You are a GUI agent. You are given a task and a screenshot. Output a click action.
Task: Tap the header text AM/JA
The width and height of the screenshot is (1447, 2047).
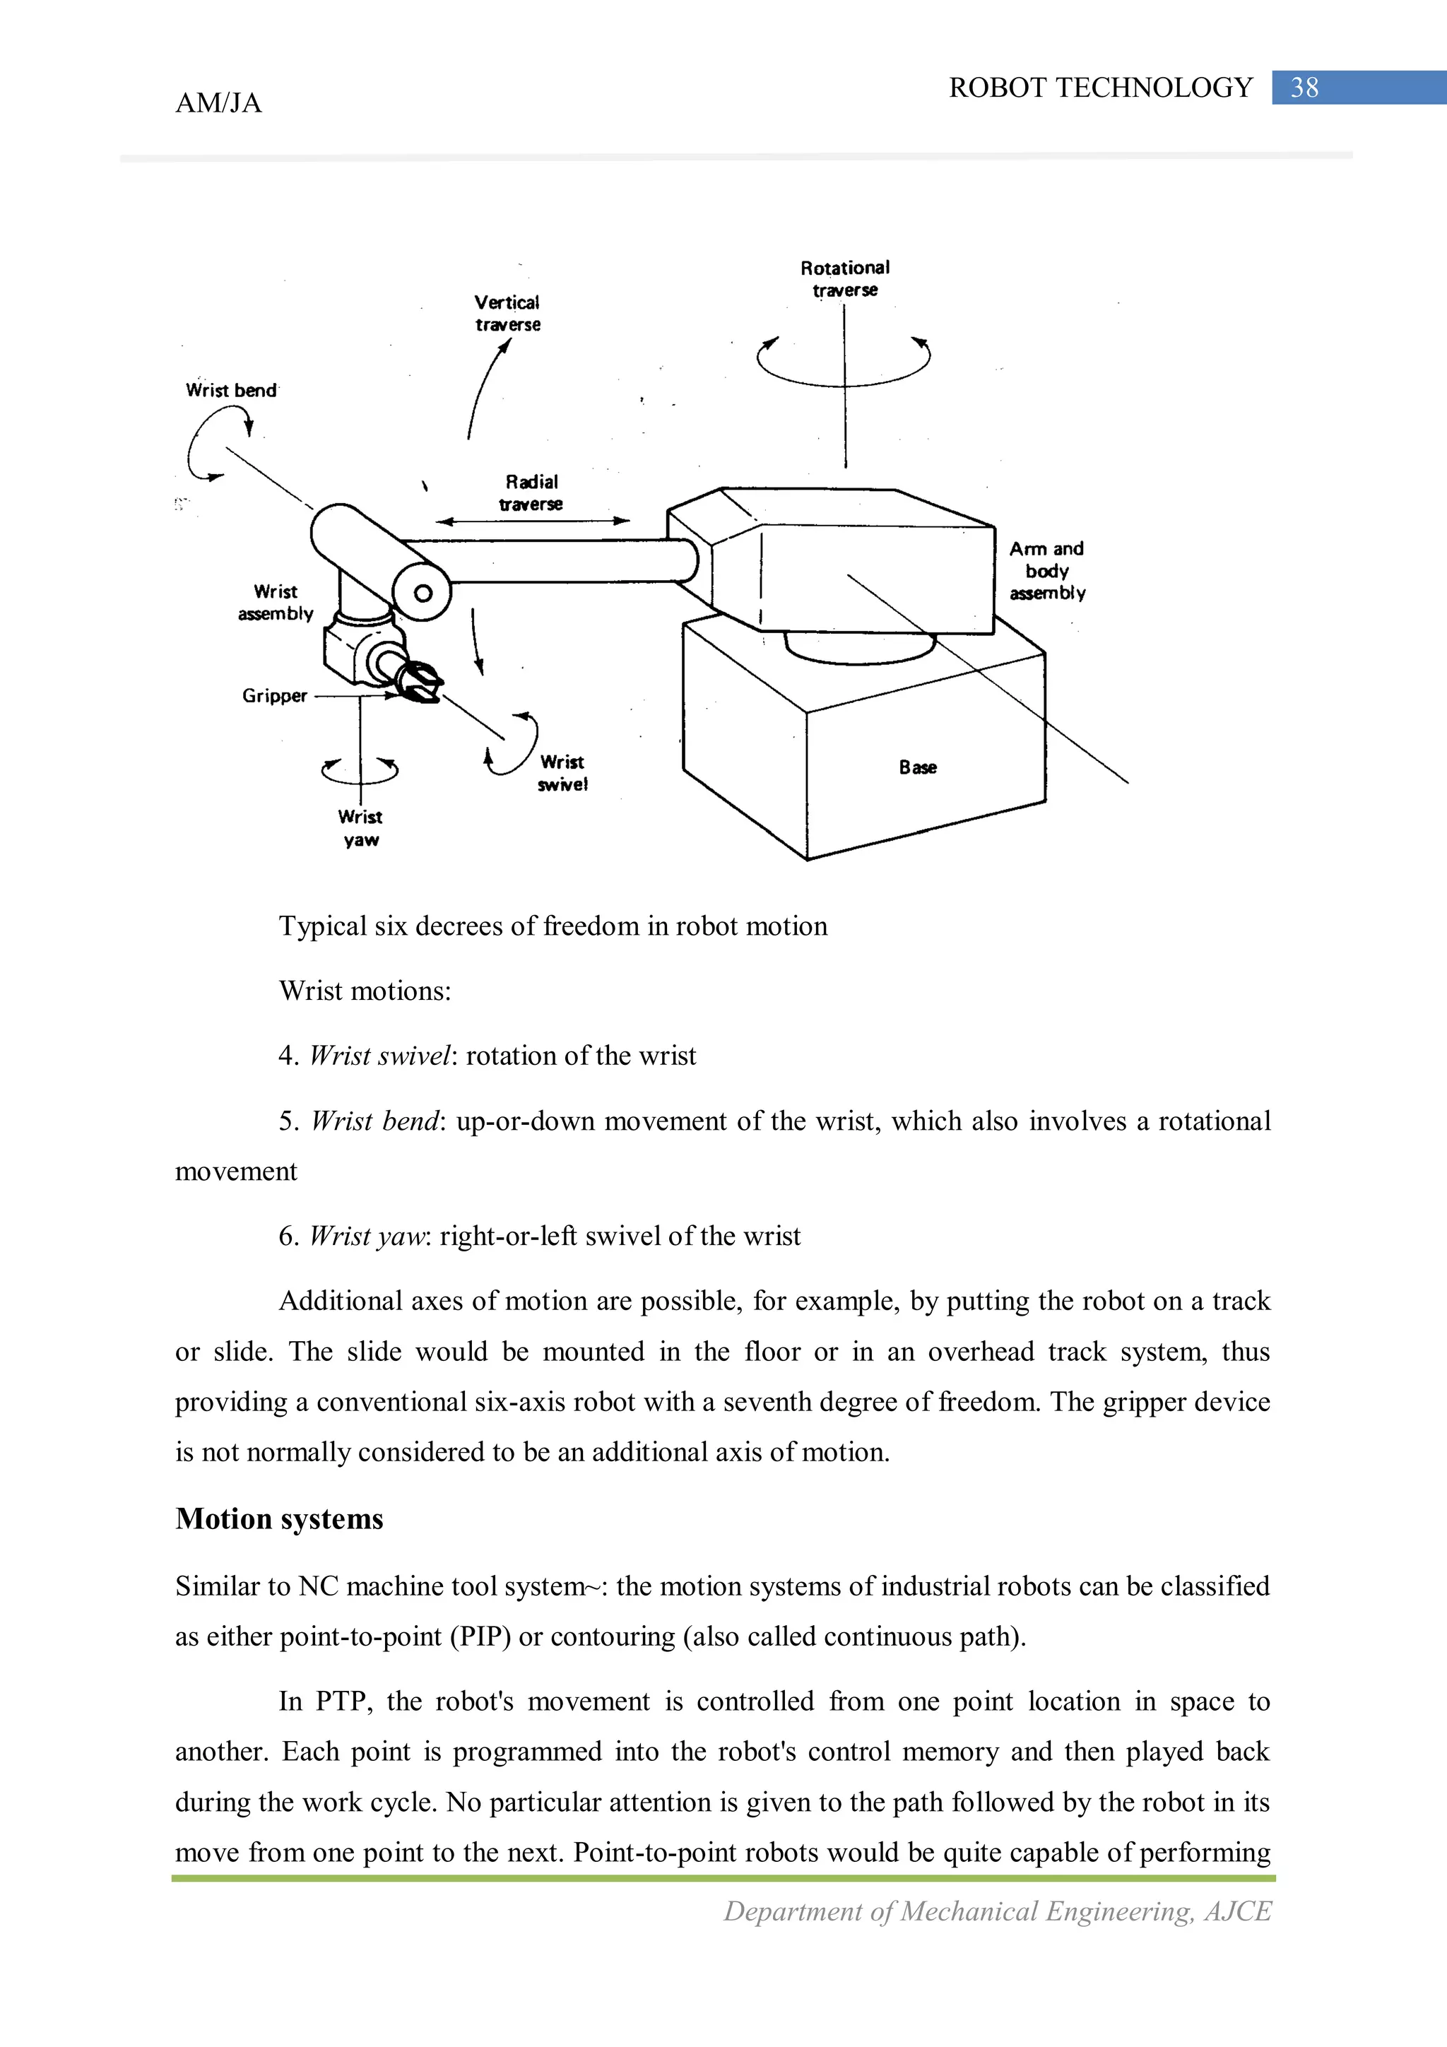[x=218, y=103]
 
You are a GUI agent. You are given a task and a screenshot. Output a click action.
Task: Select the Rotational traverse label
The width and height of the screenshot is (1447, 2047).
[x=844, y=279]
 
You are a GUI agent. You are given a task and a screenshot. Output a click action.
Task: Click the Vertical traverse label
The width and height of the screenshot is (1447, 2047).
[x=507, y=314]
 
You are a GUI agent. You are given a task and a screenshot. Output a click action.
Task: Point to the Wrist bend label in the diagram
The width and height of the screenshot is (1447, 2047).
[x=231, y=391]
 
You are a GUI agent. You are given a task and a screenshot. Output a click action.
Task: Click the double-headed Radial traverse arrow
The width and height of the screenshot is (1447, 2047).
[x=532, y=521]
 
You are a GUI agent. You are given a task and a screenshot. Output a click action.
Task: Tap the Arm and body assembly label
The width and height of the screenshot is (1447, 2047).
[x=1046, y=571]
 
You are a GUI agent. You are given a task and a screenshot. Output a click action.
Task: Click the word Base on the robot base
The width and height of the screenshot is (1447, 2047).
[x=917, y=767]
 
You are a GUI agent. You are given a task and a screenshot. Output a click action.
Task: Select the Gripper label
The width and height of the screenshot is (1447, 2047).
[x=275, y=695]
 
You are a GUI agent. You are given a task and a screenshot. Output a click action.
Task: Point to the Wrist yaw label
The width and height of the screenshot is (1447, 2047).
[x=360, y=828]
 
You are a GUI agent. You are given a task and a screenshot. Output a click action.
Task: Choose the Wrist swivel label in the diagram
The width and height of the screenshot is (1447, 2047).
[x=562, y=773]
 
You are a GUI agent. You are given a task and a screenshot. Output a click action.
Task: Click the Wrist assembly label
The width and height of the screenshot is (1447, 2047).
[x=276, y=603]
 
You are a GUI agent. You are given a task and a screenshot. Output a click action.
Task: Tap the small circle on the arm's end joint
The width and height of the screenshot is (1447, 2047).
[x=423, y=594]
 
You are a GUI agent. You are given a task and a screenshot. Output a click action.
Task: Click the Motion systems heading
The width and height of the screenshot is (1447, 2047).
[x=279, y=1518]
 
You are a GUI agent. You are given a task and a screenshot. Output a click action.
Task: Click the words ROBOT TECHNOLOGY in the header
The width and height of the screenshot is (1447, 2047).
[x=1100, y=88]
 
